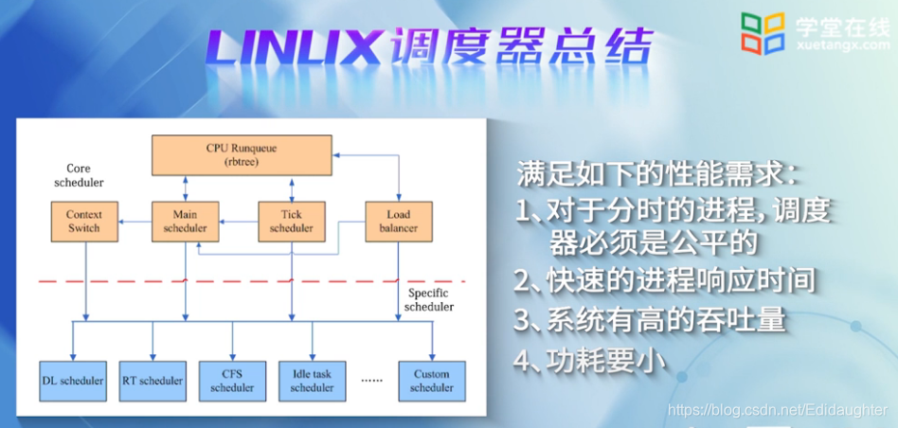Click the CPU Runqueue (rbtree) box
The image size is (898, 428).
click(x=242, y=154)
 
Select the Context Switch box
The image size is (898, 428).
click(x=84, y=221)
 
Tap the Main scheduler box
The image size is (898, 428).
click(x=184, y=221)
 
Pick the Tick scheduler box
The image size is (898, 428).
click(x=292, y=221)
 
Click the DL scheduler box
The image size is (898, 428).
click(x=73, y=381)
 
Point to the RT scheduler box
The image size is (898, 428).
click(x=153, y=381)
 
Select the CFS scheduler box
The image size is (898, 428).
click(x=232, y=381)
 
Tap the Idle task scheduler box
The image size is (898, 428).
click(x=312, y=381)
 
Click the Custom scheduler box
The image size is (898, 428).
click(x=432, y=381)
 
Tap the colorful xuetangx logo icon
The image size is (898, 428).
click(x=763, y=33)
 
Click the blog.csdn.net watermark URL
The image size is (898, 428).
click(x=777, y=410)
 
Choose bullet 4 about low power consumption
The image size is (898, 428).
click(x=591, y=361)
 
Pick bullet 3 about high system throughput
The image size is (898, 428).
click(x=650, y=320)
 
